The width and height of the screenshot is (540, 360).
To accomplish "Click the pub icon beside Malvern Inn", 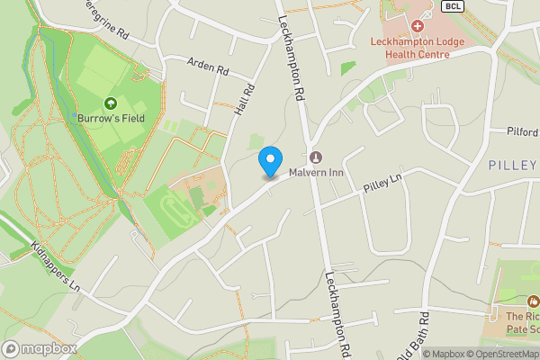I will click(x=314, y=156).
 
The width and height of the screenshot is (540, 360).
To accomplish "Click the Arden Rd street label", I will click(x=209, y=66).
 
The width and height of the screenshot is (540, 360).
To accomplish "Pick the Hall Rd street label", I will click(x=240, y=99).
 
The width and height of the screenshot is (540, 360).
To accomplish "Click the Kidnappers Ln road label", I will click(x=56, y=265).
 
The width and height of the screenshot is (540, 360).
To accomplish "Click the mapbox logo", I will click(x=40, y=348).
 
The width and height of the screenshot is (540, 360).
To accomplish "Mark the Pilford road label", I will click(x=522, y=131).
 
